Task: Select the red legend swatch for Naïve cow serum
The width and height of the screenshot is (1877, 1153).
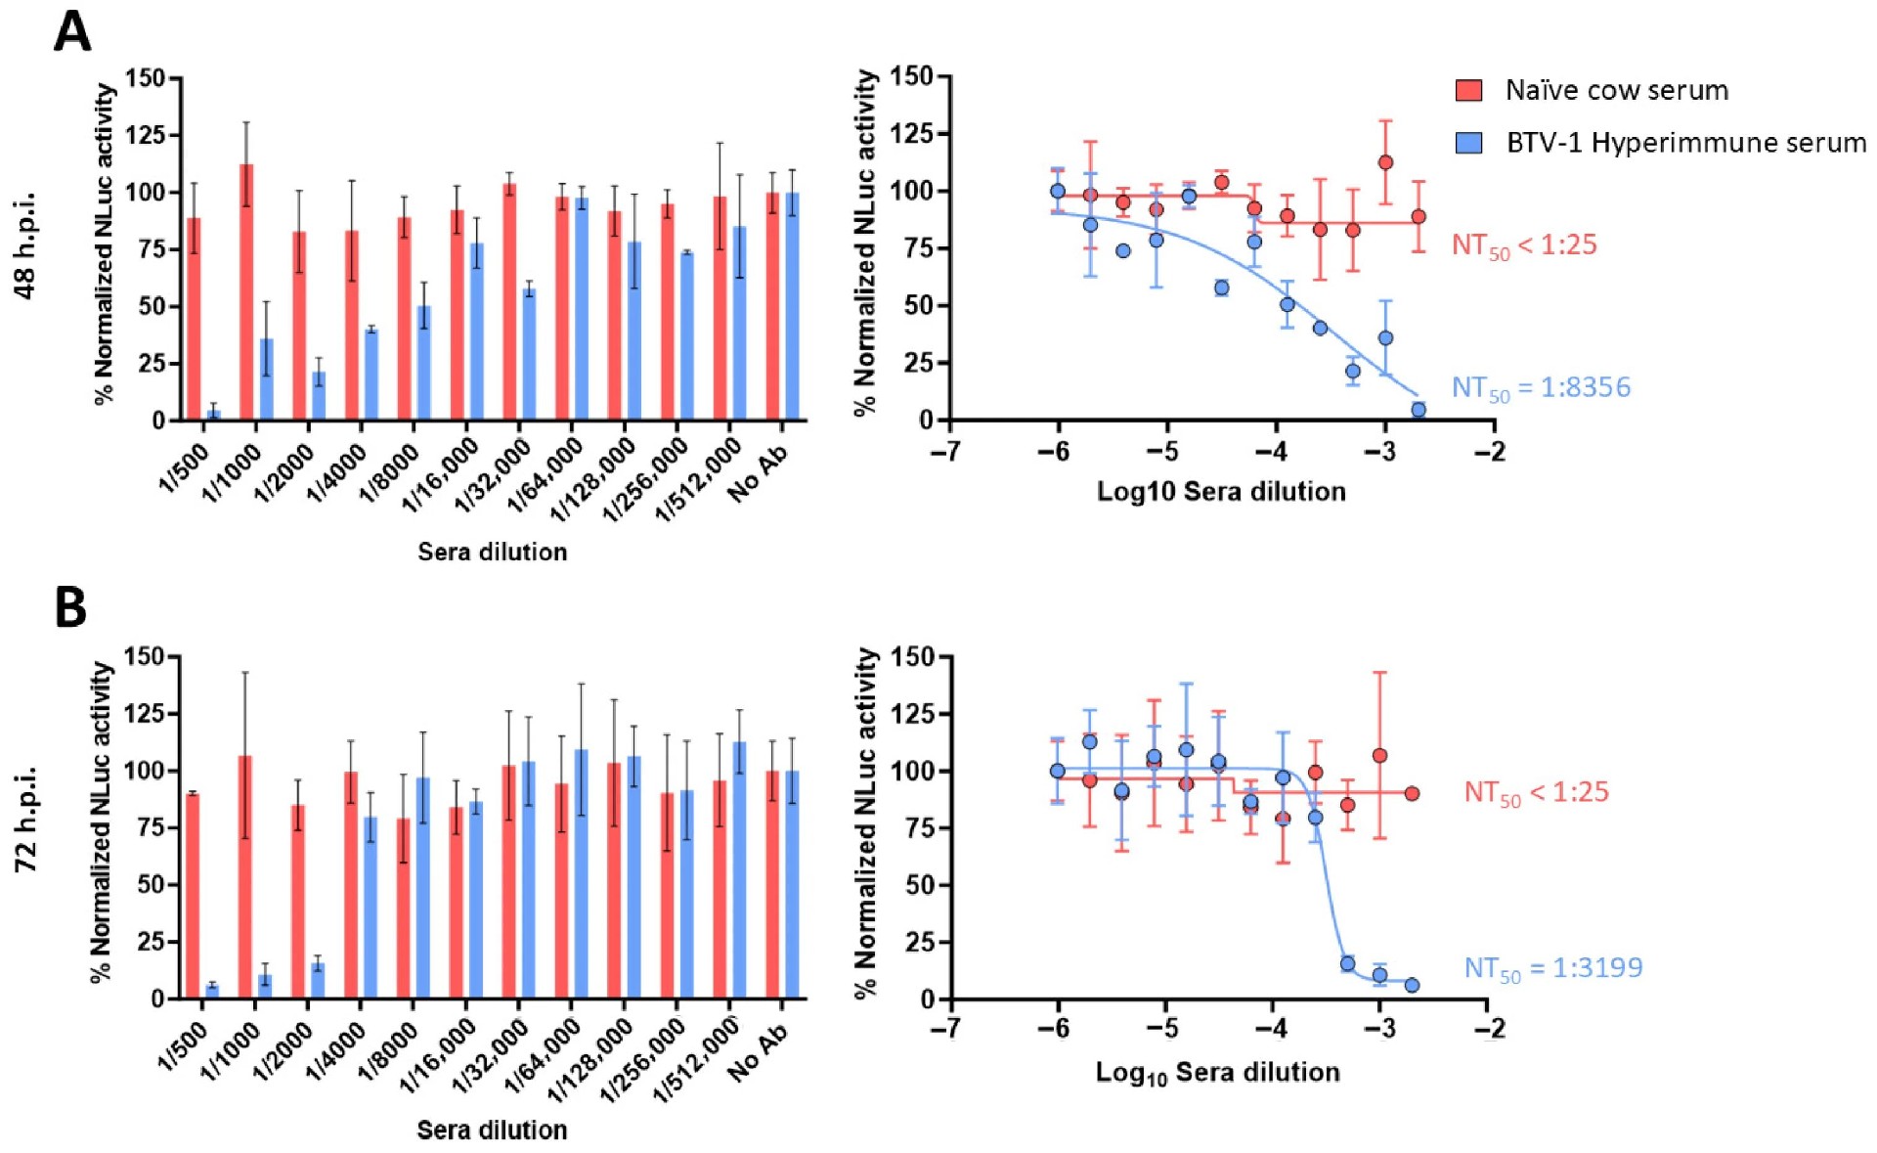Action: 1468,91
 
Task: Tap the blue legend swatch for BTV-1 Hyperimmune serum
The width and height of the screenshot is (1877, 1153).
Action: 1468,143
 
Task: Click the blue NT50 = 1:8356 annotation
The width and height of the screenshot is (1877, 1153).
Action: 1541,388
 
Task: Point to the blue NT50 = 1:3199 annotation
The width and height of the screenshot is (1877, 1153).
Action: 1552,968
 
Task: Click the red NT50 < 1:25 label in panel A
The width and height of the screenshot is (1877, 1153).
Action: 1524,244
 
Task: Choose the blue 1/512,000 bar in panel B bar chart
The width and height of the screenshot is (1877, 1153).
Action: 740,870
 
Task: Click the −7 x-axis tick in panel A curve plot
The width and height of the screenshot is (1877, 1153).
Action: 946,452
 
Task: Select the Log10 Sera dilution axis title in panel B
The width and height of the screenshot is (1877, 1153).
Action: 1217,1073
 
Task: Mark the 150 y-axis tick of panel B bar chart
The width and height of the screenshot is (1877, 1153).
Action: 145,656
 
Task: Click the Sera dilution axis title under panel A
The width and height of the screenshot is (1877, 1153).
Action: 492,552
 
